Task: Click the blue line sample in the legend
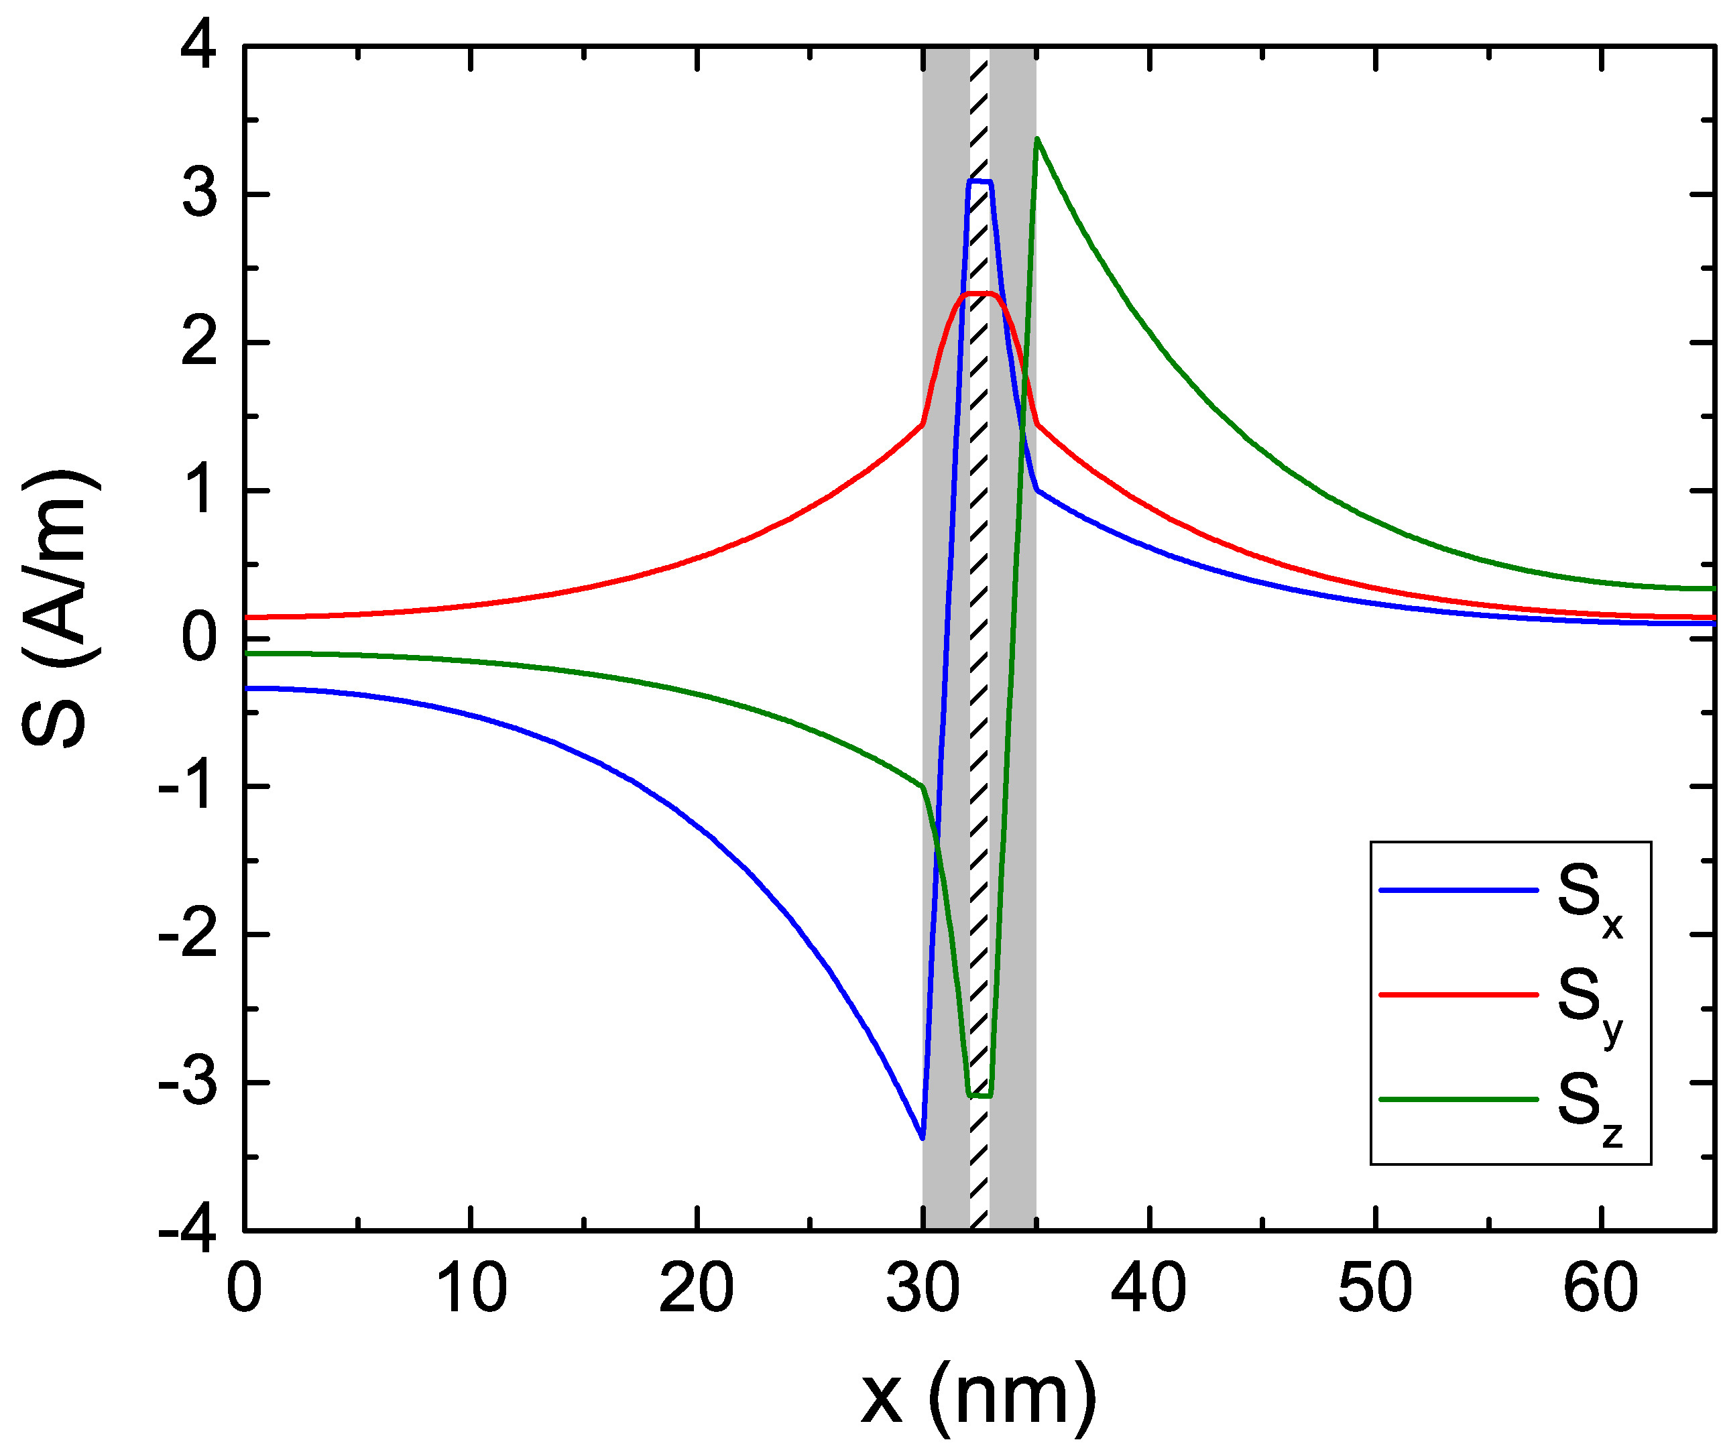1459,890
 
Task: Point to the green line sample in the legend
1459,1099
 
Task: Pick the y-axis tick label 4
199,49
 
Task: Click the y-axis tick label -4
188,1230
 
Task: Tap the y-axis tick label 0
199,640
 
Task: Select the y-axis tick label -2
188,935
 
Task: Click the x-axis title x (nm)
979,1393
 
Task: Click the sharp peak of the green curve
1036,139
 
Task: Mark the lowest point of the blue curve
923,1138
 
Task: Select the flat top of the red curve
980,294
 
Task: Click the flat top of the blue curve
980,181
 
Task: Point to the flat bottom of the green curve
980,1095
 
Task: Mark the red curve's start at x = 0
246,617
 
